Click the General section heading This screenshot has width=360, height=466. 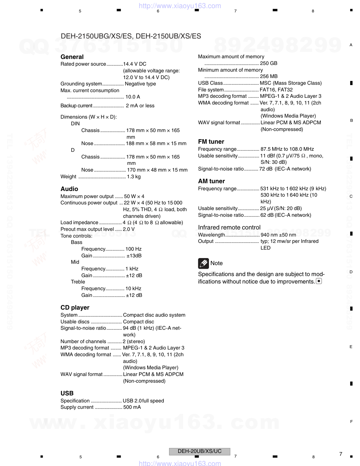point(72,57)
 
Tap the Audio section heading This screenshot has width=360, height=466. point(69,189)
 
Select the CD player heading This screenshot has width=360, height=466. point(75,307)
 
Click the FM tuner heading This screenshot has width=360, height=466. point(211,142)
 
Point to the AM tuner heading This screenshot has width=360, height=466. point(211,181)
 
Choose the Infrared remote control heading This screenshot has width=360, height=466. point(229,227)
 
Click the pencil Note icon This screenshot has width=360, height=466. point(203,263)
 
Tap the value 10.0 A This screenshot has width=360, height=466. point(133,97)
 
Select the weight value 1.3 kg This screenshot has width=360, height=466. point(134,177)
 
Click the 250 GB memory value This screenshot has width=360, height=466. point(269,63)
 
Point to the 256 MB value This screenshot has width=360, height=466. point(269,76)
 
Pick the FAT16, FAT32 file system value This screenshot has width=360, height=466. point(276,90)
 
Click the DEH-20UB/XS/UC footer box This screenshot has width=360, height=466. point(199,451)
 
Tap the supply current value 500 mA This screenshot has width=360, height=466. point(132,407)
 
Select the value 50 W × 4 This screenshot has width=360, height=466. point(134,196)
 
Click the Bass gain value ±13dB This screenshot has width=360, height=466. point(134,256)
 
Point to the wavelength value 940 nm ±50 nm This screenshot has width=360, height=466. point(278,235)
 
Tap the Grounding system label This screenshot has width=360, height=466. point(81,84)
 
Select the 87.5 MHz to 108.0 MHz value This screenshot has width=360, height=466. point(287,149)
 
